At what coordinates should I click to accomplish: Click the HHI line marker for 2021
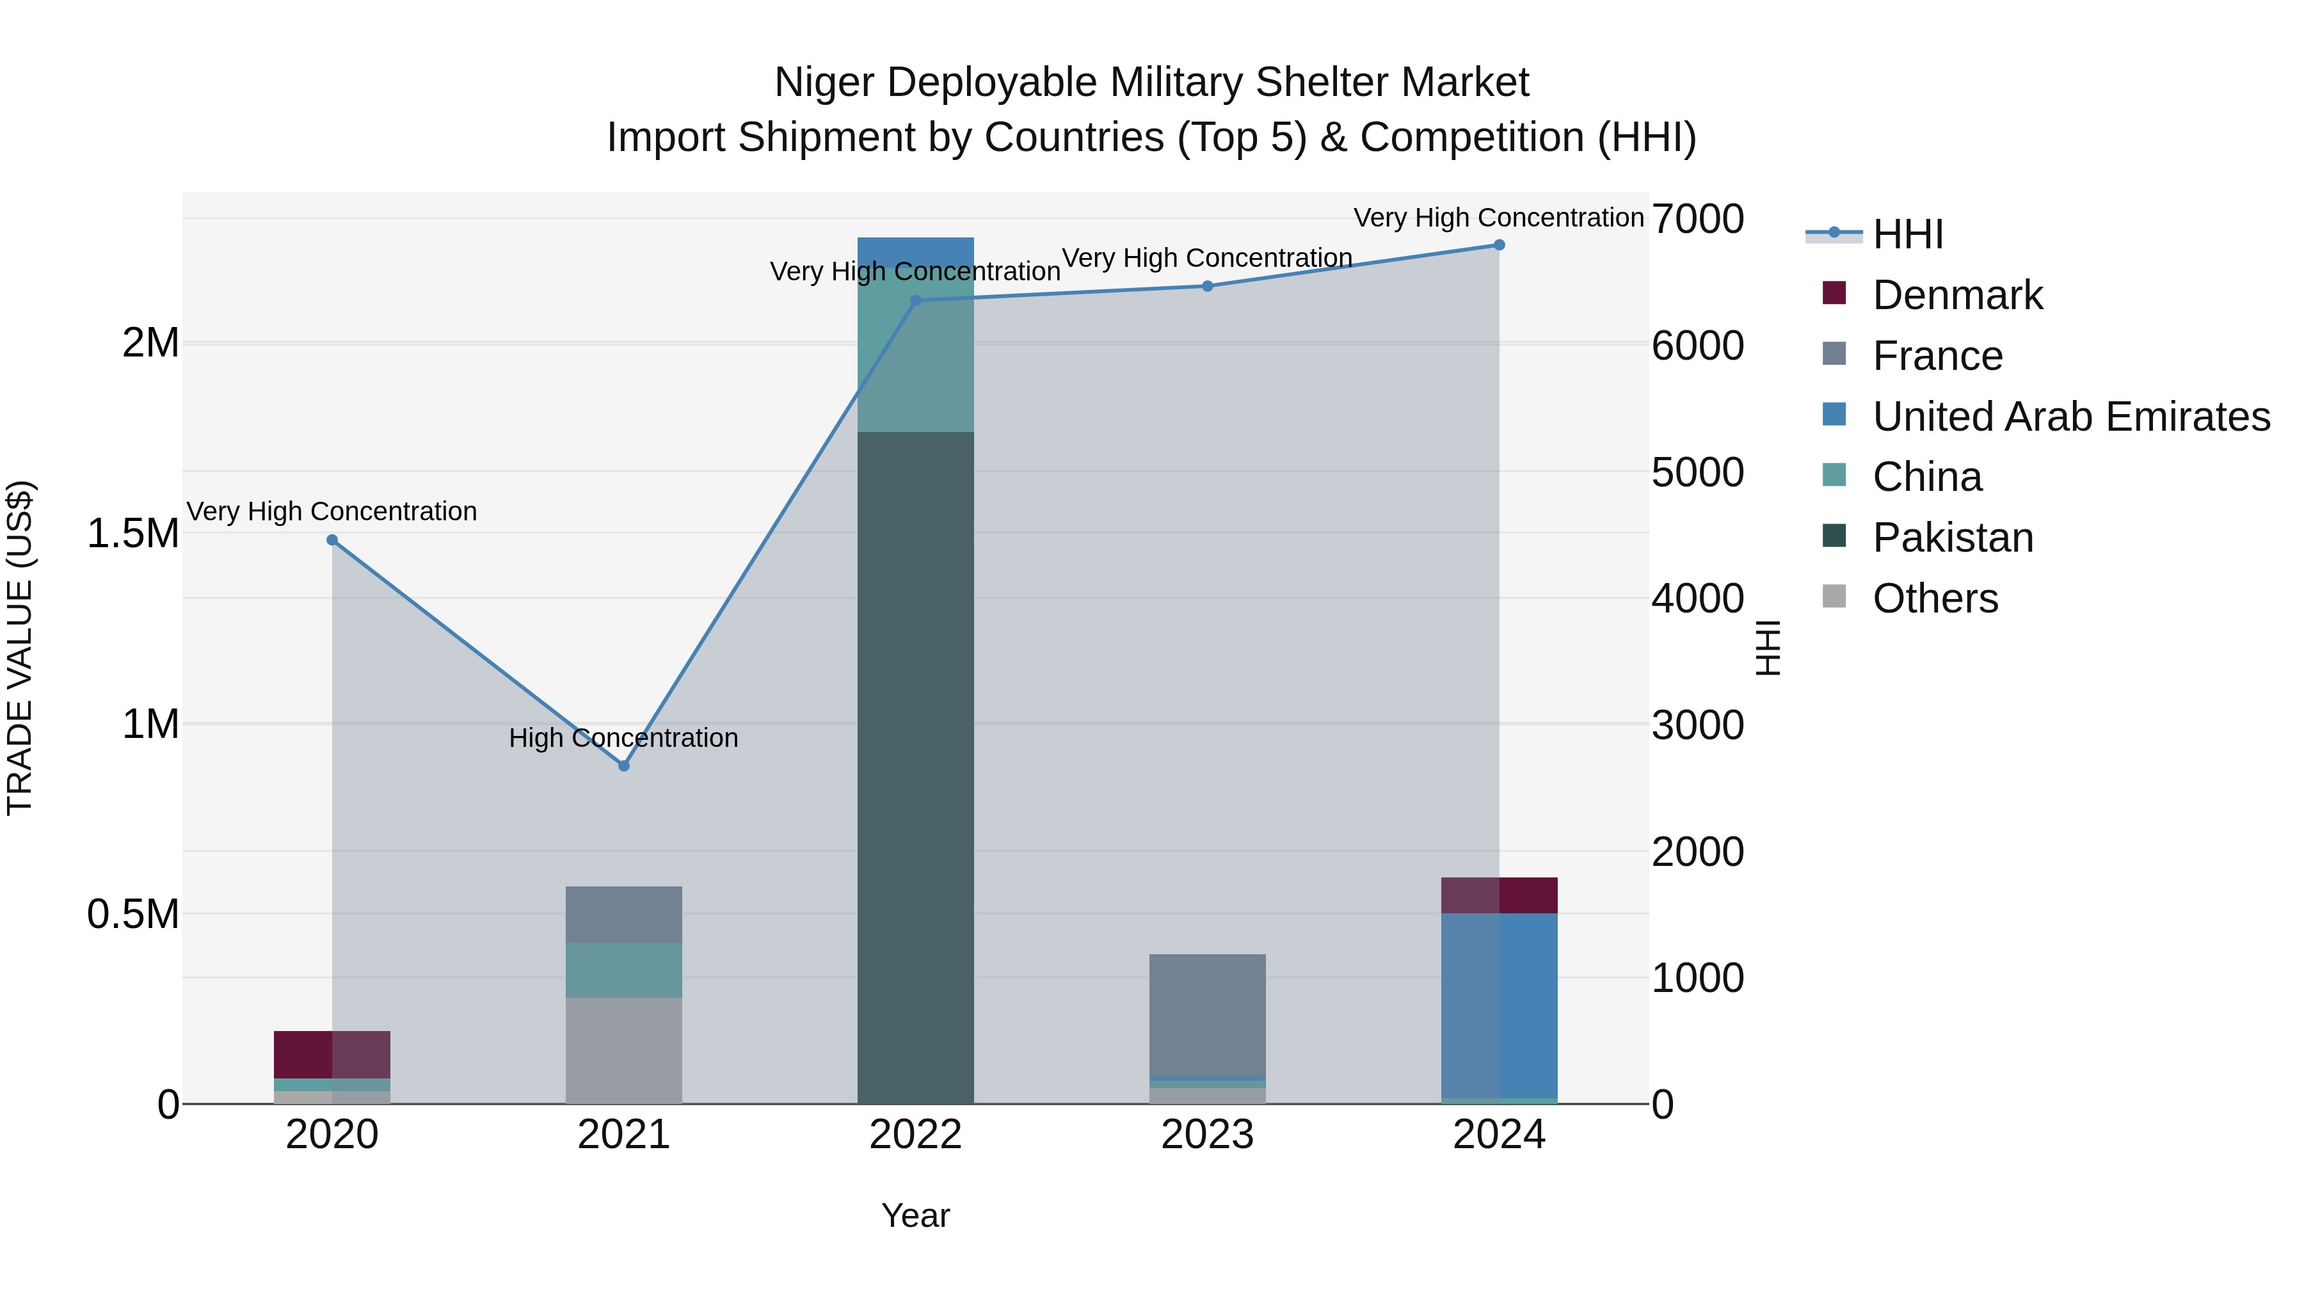coord(623,765)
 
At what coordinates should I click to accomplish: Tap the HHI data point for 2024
coord(1499,245)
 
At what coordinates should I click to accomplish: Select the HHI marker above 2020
coord(332,540)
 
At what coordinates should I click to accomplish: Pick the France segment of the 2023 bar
coord(1206,1015)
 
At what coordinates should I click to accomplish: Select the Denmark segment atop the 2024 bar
coord(1499,895)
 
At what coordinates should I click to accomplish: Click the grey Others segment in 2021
coord(623,1050)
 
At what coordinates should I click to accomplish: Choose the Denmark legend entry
coord(1957,295)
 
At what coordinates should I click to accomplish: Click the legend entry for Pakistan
coord(1953,538)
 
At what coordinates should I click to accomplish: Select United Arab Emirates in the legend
coord(2070,417)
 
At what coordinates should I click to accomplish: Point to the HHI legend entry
coord(1907,234)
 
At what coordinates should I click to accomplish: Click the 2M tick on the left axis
coord(150,344)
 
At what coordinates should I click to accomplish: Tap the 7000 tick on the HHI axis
coord(1697,219)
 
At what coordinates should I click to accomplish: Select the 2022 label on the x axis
coord(915,1135)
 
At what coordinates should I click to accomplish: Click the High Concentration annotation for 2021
coord(623,738)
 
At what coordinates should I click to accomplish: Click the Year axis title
coord(915,1215)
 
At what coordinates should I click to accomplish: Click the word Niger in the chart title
coord(823,83)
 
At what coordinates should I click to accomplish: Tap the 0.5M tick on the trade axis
coord(133,914)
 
